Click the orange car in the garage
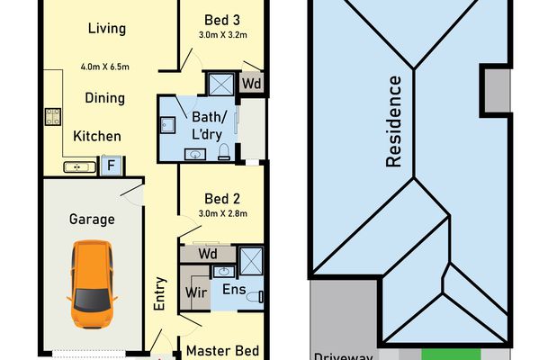coord(92,284)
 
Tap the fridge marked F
coord(112,166)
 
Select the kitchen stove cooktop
coord(53,117)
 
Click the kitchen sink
coord(80,167)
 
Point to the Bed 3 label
coord(222,21)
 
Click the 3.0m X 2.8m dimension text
coord(223,213)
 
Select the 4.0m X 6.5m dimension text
coord(105,67)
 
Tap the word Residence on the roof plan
coord(394,121)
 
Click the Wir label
coord(196,292)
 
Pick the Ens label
coord(234,290)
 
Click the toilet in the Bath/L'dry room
coord(224,152)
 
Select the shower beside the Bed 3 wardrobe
coord(221,84)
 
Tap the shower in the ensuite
coord(251,260)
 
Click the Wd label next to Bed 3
coord(252,84)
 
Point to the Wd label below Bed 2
coord(208,254)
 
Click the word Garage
coord(92,220)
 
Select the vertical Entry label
coord(159,293)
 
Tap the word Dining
coord(105,98)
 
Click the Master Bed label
coord(222,351)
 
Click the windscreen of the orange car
coord(93,301)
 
